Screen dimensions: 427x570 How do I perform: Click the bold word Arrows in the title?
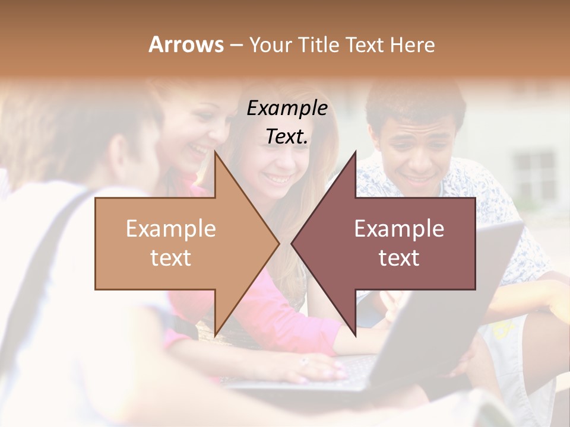pos(186,44)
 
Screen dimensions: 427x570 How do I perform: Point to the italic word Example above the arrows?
pos(287,109)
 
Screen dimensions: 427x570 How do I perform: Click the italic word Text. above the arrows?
pos(287,136)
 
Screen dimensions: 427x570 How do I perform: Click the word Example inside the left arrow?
pos(171,229)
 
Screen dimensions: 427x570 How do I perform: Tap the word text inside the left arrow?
pos(171,258)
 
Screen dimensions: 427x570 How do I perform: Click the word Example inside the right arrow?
pos(399,229)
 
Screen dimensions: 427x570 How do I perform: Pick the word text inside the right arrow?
pos(399,258)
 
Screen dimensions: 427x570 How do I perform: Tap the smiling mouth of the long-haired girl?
pos(279,176)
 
